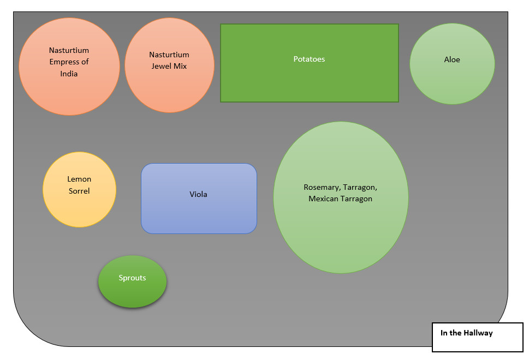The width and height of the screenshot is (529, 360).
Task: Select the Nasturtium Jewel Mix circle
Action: coord(169,87)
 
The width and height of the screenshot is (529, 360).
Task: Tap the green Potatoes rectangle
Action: coord(309,79)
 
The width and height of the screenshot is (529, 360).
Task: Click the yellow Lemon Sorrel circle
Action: coord(79,207)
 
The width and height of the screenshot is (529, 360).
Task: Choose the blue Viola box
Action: coord(199,213)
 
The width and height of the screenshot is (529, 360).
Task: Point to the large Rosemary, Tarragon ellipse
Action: coord(341,229)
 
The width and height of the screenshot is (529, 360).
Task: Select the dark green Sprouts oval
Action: coord(132,292)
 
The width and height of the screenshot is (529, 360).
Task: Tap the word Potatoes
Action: coord(309,59)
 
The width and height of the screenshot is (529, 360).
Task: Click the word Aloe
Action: coord(452,59)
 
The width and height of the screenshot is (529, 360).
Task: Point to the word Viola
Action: coord(199,194)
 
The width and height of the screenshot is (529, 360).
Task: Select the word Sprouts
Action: coord(132,278)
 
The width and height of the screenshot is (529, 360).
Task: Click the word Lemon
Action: coord(79,179)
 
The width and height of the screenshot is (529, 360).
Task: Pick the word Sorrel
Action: coord(79,191)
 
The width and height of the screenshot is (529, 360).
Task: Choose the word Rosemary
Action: coord(322,188)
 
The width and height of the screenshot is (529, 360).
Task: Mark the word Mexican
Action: coord(325,199)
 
